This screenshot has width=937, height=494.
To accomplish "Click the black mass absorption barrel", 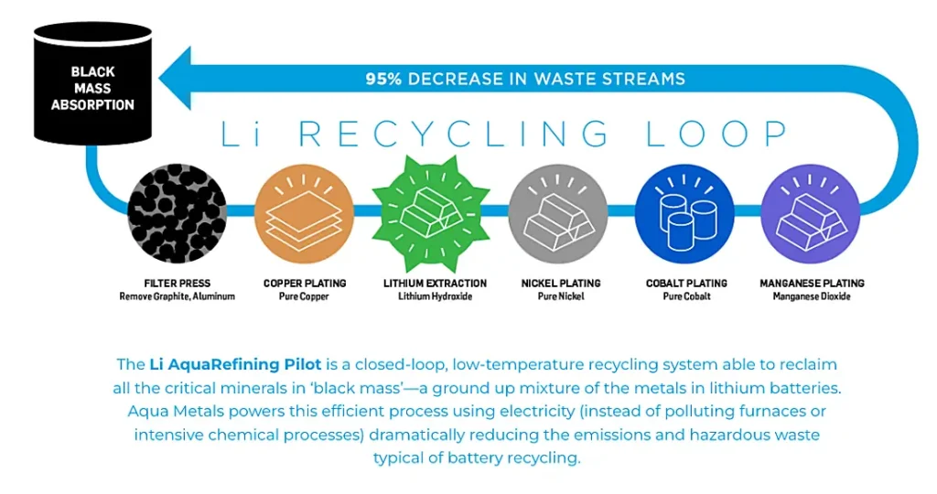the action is pyautogui.click(x=92, y=83).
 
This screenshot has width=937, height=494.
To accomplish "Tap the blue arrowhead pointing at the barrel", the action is pyautogui.click(x=177, y=79).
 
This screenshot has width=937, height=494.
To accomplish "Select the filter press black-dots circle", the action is pyautogui.click(x=177, y=214).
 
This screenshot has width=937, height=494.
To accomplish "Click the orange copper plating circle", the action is pyautogui.click(x=304, y=214).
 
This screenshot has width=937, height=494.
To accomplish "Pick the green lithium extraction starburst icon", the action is pyautogui.click(x=431, y=214).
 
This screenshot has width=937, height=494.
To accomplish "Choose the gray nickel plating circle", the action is pyautogui.click(x=558, y=214).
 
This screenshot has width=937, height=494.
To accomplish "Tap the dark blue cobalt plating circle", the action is pyautogui.click(x=684, y=214).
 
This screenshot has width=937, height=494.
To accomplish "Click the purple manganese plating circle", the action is pyautogui.click(x=811, y=214).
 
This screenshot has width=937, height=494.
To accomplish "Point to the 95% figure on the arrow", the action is pyautogui.click(x=383, y=79).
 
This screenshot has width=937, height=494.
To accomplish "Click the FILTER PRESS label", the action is pyautogui.click(x=178, y=284).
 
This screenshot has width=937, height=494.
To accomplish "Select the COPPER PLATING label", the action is pyautogui.click(x=305, y=284).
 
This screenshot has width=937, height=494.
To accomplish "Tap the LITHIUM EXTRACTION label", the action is pyautogui.click(x=435, y=284).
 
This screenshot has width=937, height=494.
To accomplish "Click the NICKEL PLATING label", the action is pyautogui.click(x=561, y=284).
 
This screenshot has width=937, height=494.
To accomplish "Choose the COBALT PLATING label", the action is pyautogui.click(x=686, y=284).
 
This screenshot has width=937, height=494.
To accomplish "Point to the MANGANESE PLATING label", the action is pyautogui.click(x=813, y=284).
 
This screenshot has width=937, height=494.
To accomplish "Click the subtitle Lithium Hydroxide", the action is pyautogui.click(x=435, y=296).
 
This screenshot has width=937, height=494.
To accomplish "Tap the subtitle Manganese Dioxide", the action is pyautogui.click(x=812, y=296).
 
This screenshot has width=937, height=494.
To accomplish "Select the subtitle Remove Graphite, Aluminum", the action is pyautogui.click(x=177, y=296).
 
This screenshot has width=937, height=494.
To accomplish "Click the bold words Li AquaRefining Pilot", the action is pyautogui.click(x=235, y=364).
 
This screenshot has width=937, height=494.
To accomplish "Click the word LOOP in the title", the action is pyautogui.click(x=717, y=134).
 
